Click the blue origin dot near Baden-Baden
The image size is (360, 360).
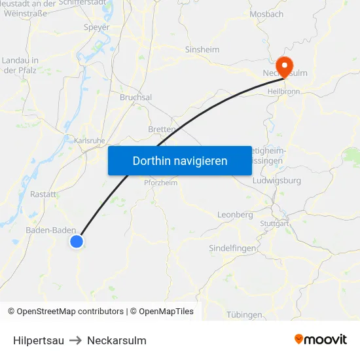click(x=77, y=242)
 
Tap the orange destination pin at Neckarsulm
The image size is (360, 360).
click(x=285, y=66)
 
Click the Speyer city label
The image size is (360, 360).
click(x=97, y=27)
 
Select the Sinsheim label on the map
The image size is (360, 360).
click(x=202, y=50)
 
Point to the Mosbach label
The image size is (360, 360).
click(x=267, y=14)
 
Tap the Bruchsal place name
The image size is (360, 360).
click(x=135, y=97)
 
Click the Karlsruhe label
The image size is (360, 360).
click(x=90, y=140)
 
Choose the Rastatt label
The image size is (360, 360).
click(x=43, y=194)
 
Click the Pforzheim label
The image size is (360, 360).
click(x=160, y=183)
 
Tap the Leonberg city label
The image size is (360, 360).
click(x=234, y=215)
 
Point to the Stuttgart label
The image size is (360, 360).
click(x=274, y=223)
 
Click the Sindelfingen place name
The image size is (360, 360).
click(x=232, y=248)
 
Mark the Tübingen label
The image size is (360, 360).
click(x=244, y=315)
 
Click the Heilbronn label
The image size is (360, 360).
click(x=284, y=92)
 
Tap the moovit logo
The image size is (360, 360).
click(x=320, y=340)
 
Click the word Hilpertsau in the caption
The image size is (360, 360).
click(x=39, y=340)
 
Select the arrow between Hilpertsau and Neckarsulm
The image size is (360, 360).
click(x=75, y=340)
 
